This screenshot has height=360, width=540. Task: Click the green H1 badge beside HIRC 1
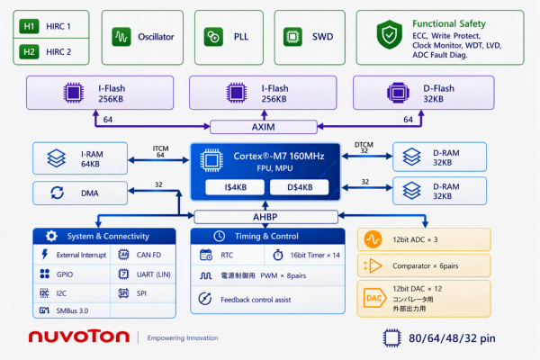coord(29,26)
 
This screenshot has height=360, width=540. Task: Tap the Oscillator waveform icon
coord(121,37)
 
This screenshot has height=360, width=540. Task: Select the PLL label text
coord(241,37)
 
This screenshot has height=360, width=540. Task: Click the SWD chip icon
coord(292,37)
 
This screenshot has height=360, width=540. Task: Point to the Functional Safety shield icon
coord(390,34)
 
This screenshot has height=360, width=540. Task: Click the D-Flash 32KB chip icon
coord(398,93)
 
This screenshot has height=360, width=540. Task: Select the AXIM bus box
coord(264,127)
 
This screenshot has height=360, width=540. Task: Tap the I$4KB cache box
coord(235,187)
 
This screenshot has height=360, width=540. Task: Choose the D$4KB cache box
coord(300,187)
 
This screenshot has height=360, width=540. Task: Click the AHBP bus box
coord(265,217)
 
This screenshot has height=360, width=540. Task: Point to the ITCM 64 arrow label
coord(160,151)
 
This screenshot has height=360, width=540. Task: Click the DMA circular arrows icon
coord(58,193)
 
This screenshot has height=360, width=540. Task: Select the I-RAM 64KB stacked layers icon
coord(56,158)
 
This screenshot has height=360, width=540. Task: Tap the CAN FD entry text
coord(148,255)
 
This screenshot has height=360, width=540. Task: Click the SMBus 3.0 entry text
coord(72,310)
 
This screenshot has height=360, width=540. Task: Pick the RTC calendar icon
coord(206,255)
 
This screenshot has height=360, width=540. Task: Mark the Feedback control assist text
coord(256,300)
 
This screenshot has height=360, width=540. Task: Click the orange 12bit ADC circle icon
coord(373,239)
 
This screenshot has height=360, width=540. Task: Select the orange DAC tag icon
coord(374,298)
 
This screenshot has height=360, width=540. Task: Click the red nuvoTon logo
coord(79,337)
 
